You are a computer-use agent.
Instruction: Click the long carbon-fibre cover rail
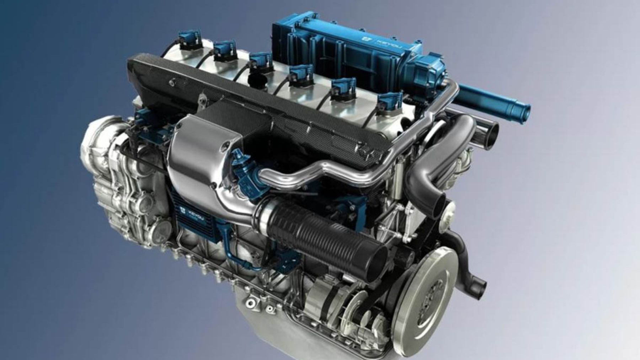[249, 92]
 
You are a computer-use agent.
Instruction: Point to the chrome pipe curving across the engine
[320, 171]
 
